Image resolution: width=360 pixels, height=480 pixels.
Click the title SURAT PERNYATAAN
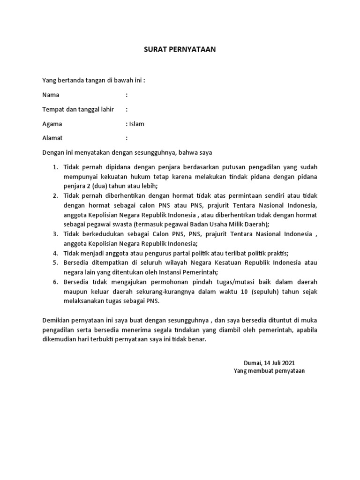coord(180,49)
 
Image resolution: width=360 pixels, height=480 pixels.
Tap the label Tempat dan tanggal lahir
coord(78,109)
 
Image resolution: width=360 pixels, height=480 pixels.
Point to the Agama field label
coord(52,124)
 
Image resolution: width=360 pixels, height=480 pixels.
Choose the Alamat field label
coord(52,138)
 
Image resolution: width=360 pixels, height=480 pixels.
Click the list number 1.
coord(54,167)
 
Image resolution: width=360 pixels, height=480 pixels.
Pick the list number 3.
coord(54,234)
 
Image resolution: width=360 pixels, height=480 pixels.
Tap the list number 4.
coord(54,254)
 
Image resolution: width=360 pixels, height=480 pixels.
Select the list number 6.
coord(54,282)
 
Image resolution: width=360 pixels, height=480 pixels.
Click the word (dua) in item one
coord(94,186)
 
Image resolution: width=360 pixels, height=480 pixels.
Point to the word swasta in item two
coord(120,225)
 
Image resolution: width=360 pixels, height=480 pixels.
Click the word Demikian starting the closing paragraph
coord(57,320)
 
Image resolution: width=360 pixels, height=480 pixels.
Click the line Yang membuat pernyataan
coord(270,371)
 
